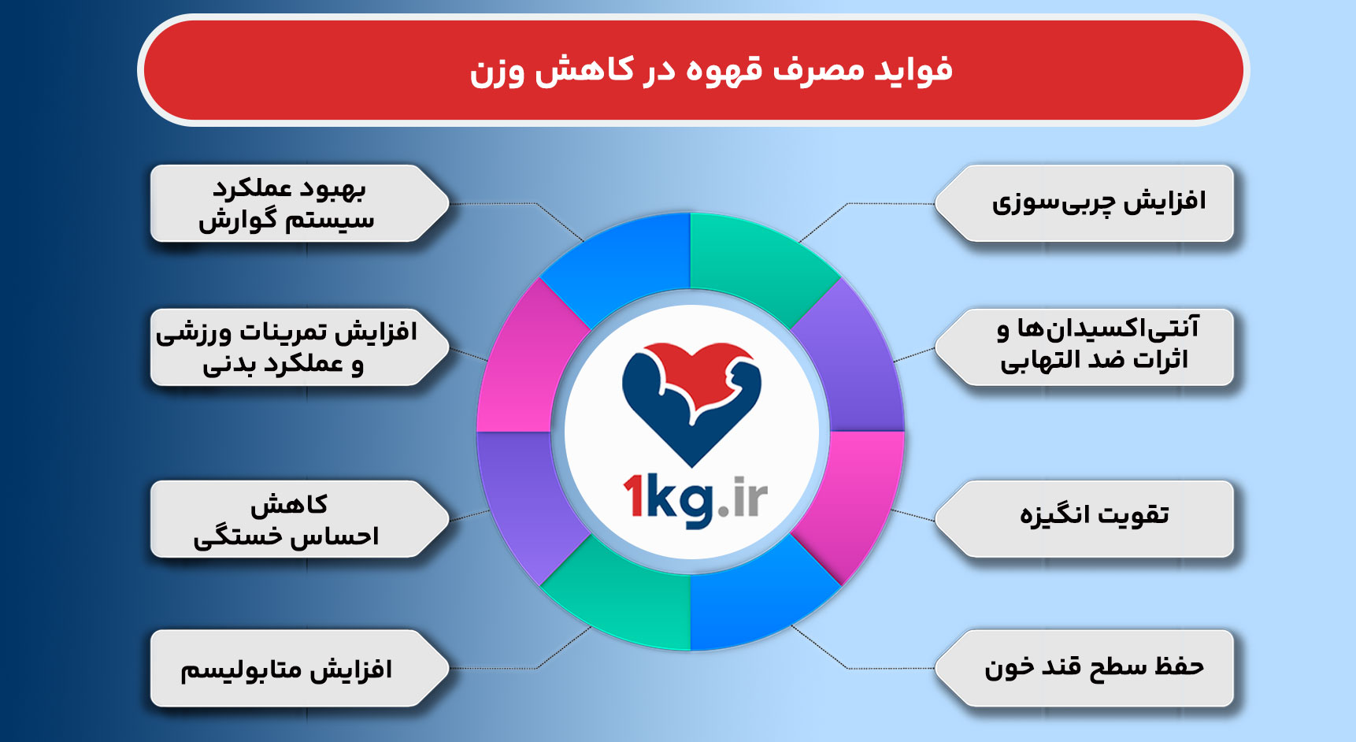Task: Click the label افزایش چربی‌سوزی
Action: pos(1099,202)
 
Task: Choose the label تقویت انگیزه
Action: pos(1094,514)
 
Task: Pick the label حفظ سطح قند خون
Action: pos(1094,667)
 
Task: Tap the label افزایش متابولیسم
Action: pos(286,670)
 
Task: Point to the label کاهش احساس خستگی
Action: pos(287,521)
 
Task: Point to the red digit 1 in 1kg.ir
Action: pos(634,498)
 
